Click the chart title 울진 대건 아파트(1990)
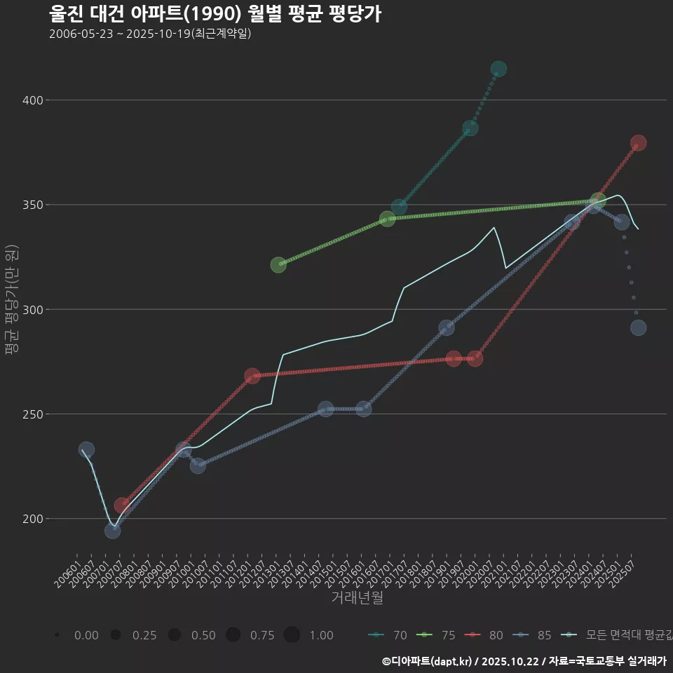[215, 14]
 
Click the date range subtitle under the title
[150, 34]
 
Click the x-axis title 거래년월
[357, 598]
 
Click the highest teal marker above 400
[498, 69]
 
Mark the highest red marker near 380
[638, 143]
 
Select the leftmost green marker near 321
[278, 265]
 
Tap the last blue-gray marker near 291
[638, 327]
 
